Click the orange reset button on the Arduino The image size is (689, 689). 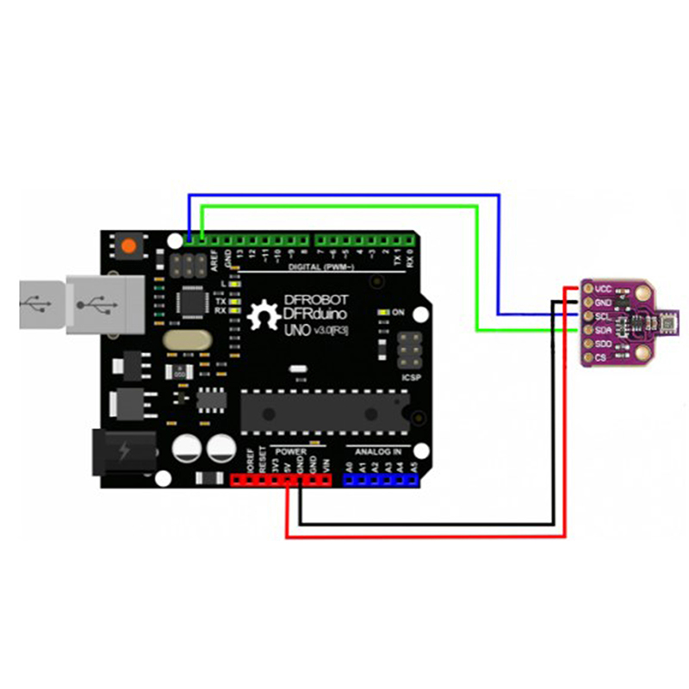tap(129, 245)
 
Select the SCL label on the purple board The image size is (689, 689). tap(603, 316)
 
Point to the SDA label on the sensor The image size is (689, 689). tap(603, 330)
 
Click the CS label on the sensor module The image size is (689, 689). tap(600, 357)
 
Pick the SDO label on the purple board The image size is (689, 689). tap(603, 343)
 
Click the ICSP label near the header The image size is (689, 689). tap(410, 376)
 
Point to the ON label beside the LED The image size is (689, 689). tap(398, 312)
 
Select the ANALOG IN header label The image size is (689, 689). tap(379, 451)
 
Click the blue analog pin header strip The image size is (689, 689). tap(381, 481)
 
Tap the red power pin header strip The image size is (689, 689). tap(282, 481)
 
